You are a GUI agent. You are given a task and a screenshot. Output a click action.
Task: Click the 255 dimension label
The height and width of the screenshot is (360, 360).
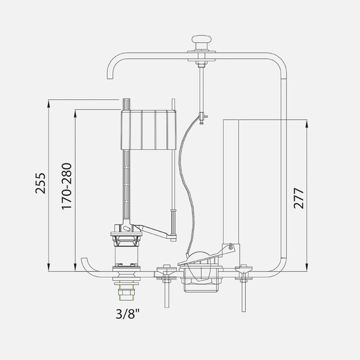[x=41, y=183]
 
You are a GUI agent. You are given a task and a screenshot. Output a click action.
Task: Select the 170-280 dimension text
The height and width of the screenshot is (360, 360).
[x=67, y=186]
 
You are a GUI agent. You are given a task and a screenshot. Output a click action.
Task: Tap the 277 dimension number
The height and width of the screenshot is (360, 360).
[x=298, y=198]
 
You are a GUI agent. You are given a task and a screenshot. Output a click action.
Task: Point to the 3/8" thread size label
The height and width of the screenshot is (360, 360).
[x=128, y=314]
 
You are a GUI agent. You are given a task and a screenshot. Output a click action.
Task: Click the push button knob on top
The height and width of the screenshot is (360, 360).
[x=201, y=40]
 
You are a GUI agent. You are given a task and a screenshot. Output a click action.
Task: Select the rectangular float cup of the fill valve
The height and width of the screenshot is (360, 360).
[x=149, y=130]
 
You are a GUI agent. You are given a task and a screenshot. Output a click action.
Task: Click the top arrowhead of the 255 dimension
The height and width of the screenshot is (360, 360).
[x=49, y=104]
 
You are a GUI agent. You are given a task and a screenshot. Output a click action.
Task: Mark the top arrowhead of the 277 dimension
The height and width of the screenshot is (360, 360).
[x=307, y=123]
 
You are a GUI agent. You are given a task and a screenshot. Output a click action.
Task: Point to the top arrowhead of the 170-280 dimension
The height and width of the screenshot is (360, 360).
[x=75, y=114]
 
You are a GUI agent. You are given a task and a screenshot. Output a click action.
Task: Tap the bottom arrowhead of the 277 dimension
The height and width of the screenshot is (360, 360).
[x=307, y=267]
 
